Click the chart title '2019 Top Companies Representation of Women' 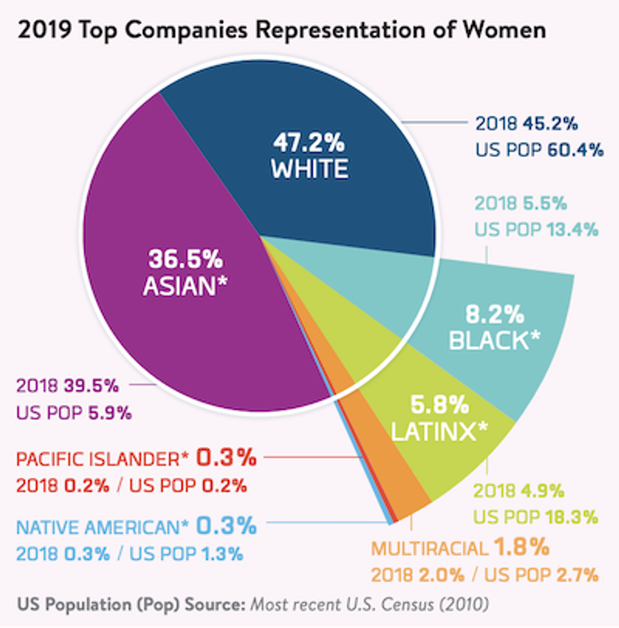282,30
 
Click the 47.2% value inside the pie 309,143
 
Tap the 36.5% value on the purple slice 185,259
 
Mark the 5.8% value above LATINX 440,403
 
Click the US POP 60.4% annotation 539,151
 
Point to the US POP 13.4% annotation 536,229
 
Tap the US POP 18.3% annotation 536,517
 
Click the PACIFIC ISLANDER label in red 103,459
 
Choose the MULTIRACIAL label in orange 429,548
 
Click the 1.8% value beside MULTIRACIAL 521,547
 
